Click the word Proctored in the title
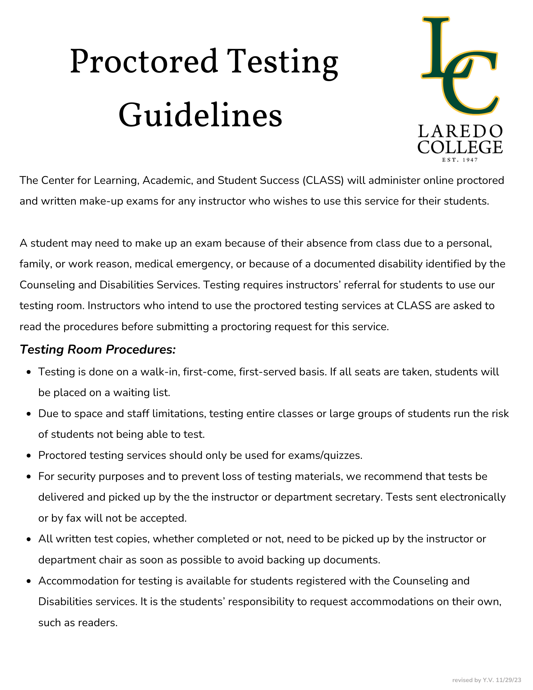pyautogui.click(x=144, y=62)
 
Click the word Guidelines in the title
pyautogui.click(x=200, y=115)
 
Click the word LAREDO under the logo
pyautogui.click(x=460, y=132)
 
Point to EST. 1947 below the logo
pyautogui.click(x=460, y=160)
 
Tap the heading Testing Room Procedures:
pyautogui.click(x=98, y=349)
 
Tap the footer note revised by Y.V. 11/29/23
pyautogui.click(x=486, y=680)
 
